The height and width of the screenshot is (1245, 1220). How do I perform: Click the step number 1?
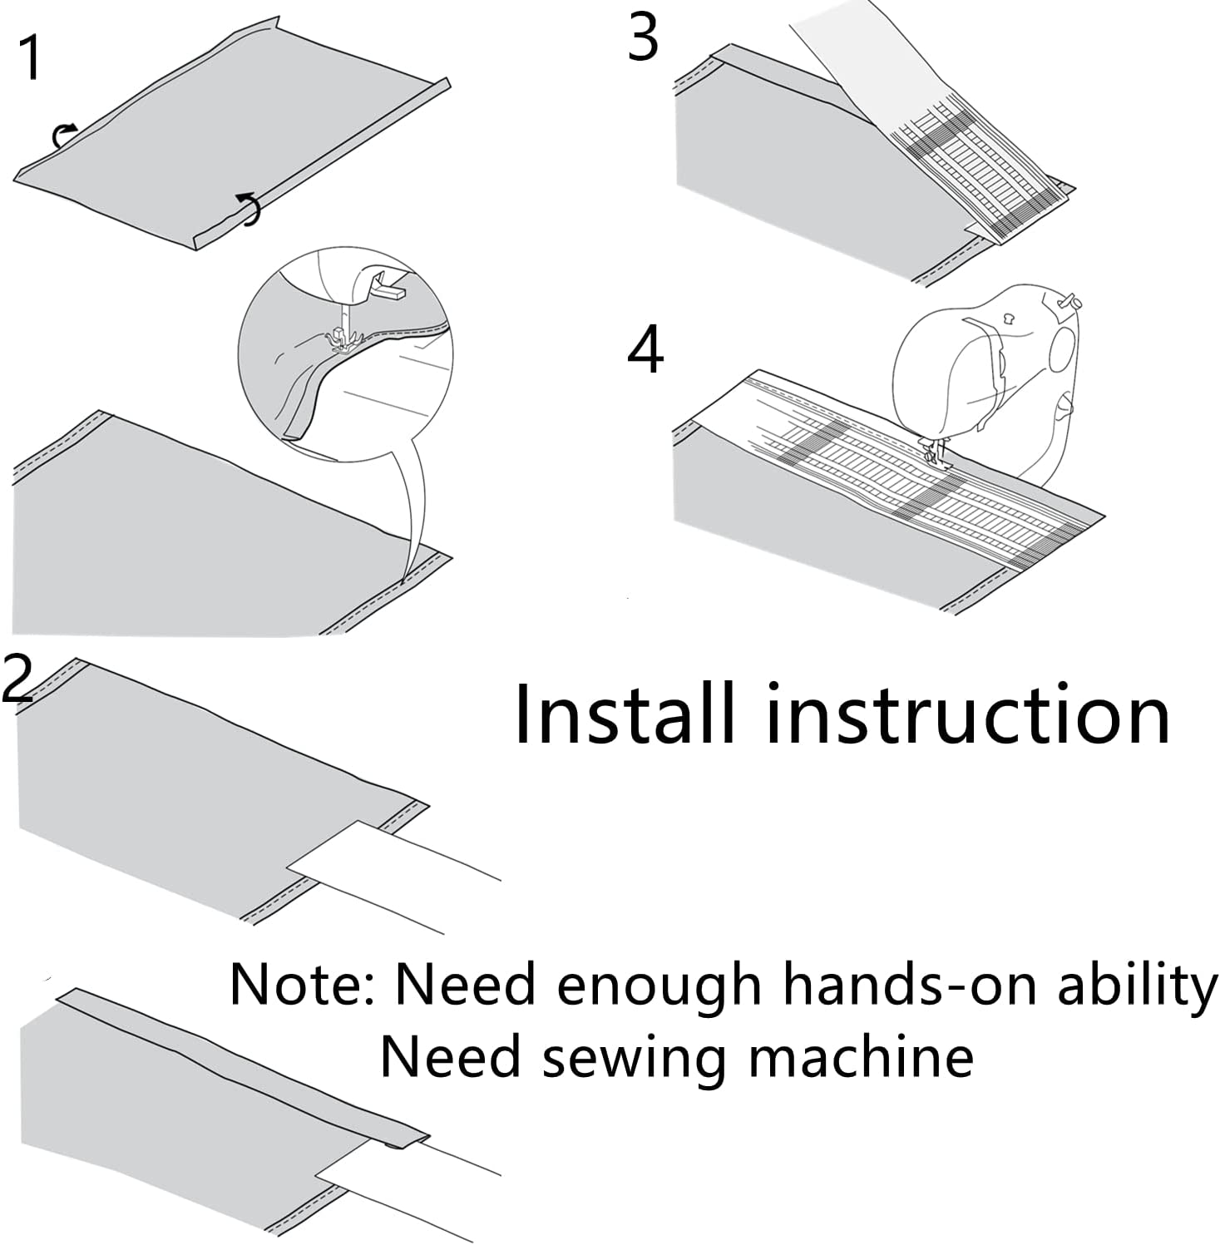point(31,58)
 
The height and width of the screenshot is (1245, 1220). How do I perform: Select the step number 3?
point(643,38)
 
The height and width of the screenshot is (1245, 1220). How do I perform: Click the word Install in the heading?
point(625,714)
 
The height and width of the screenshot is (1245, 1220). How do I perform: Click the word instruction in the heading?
point(967,714)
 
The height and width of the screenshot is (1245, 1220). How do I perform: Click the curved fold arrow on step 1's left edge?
point(63,134)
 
